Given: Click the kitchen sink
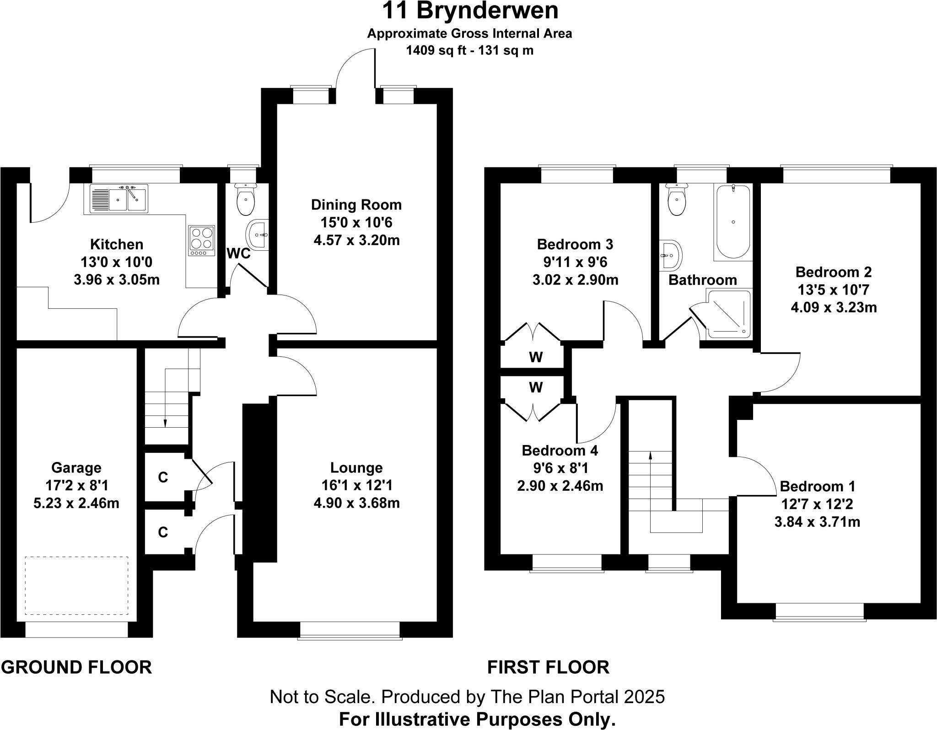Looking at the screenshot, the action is coord(119,199).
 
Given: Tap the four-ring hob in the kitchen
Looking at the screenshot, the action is coord(202,241).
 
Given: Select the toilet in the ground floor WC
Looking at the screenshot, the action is coord(246,200).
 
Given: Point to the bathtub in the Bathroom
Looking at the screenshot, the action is coord(733,222).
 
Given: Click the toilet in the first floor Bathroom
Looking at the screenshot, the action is coord(677,200).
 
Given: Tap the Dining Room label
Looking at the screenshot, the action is coord(356,204).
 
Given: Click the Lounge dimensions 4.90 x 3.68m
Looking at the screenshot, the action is coord(356,503).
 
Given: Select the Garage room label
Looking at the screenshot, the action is coord(76,467).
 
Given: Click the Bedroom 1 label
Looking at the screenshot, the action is coord(817,486).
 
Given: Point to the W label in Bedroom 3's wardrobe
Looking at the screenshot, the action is coord(536,357).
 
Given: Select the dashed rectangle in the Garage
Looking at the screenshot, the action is coord(76,585).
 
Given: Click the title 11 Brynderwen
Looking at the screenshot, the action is coord(470,11).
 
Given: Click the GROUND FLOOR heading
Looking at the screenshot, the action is coord(76,667).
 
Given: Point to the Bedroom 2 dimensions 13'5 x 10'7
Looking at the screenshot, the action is coord(833,290).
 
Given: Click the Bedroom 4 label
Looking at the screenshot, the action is coord(560,451).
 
